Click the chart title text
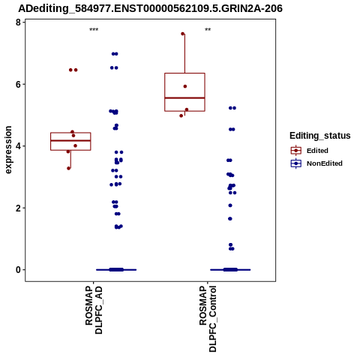click(150, 8)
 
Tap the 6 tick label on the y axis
click(18, 85)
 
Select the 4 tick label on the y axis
click(18, 146)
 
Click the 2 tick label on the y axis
click(18, 208)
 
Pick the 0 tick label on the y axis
click(18, 270)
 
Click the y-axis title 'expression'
click(8, 150)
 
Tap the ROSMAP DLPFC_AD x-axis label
click(94, 310)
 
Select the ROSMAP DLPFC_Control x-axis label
click(208, 319)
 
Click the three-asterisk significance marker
click(94, 30)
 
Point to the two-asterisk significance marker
click(208, 30)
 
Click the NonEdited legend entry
click(316, 163)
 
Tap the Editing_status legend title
click(320, 136)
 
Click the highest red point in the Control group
click(183, 34)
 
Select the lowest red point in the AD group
click(69, 168)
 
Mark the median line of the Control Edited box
click(184, 97)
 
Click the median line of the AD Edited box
click(70, 140)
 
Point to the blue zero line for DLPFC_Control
click(230, 270)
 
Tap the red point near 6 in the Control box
click(185, 86)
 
